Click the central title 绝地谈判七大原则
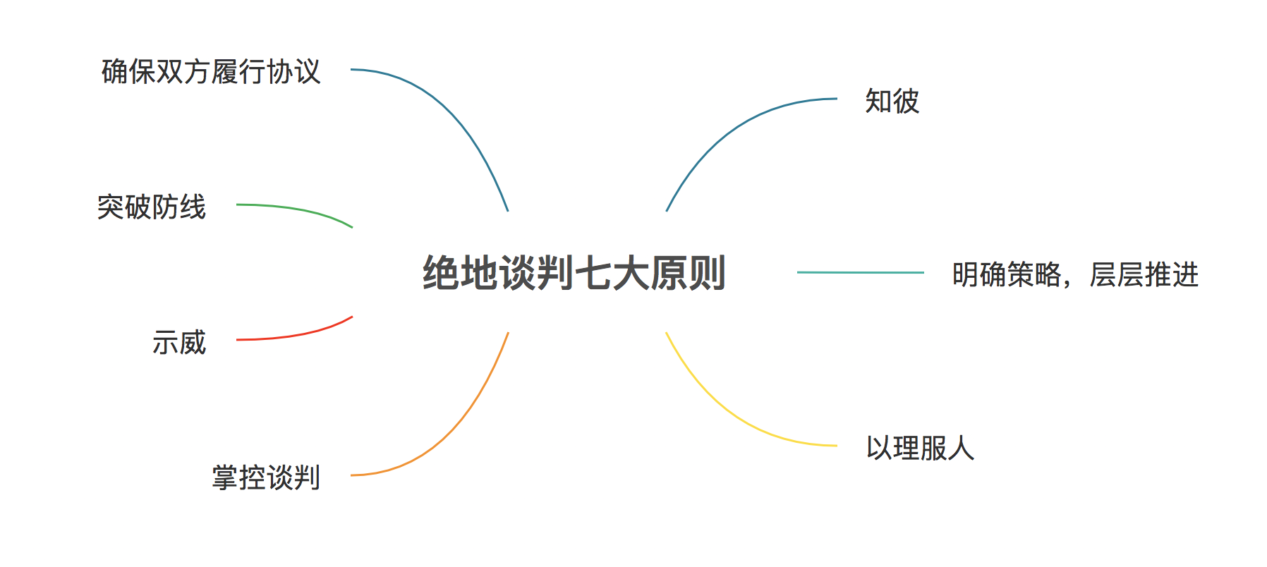[574, 274]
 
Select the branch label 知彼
[892, 102]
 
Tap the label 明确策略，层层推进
[1074, 275]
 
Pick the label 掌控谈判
[266, 478]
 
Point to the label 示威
[179, 343]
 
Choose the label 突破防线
[152, 207]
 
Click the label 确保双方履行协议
[211, 72]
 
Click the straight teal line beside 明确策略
[861, 272]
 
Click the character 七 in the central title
[593, 274]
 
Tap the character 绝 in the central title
[441, 274]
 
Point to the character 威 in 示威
[193, 343]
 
